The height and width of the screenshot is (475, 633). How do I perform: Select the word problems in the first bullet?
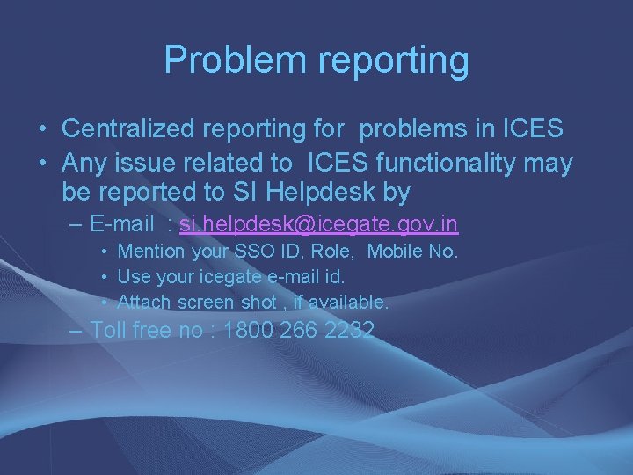coord(419,129)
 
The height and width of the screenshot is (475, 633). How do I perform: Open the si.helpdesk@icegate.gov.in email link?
coord(318,225)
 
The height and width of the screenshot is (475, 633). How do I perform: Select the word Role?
coord(334,252)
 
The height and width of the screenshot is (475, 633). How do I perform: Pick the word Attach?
coord(145,302)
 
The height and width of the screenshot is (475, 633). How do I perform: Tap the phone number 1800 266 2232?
coord(300,331)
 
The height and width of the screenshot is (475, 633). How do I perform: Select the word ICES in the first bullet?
coord(532,128)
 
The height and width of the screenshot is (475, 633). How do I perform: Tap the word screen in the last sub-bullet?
coord(208,302)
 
